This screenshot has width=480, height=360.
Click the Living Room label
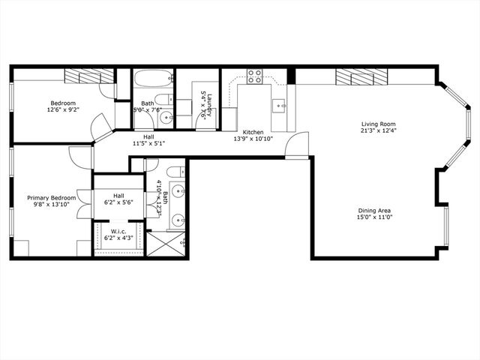378,124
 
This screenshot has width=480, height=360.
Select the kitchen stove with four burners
255,76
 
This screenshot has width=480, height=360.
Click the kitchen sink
279,105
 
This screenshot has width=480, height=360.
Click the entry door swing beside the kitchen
299,144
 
